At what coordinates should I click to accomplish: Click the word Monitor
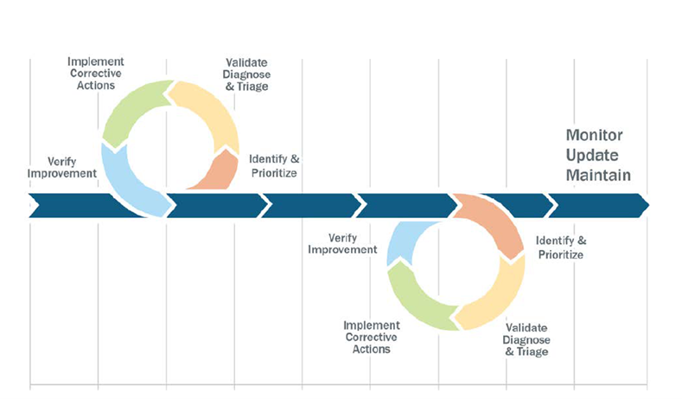click(594, 135)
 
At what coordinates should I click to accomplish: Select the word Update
click(592, 156)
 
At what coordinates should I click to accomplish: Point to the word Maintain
click(598, 175)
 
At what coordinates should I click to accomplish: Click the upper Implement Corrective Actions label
click(96, 74)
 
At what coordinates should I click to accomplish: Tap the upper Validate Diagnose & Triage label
click(246, 74)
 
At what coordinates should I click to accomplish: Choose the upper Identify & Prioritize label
click(275, 166)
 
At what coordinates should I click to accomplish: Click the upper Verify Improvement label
click(61, 168)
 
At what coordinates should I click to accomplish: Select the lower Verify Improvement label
click(342, 244)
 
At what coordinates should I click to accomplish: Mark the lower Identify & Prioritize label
click(561, 248)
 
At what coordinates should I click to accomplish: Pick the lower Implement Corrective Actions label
click(372, 338)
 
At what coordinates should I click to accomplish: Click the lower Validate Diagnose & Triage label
click(526, 340)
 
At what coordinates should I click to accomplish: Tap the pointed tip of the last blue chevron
click(649, 205)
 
